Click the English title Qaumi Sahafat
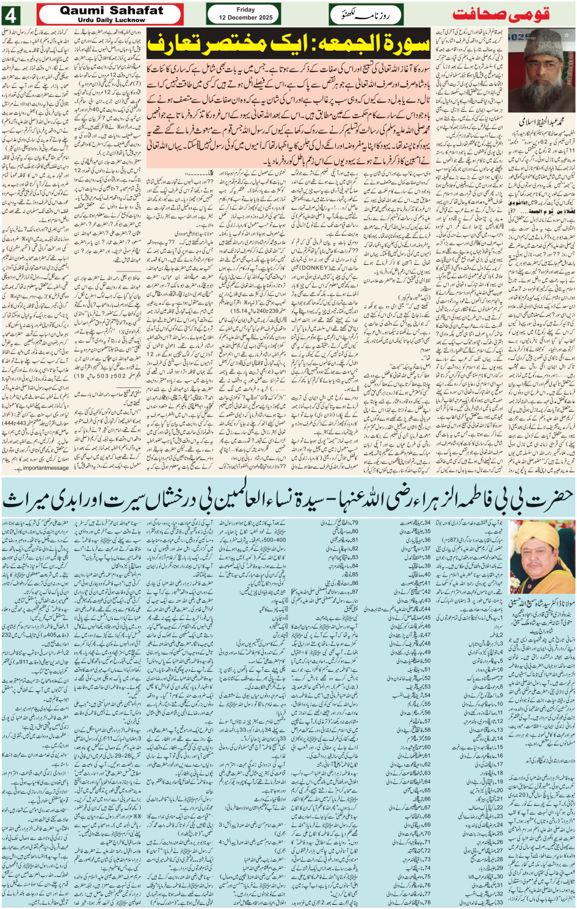112,10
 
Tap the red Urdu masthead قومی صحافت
510,14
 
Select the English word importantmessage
46,468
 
